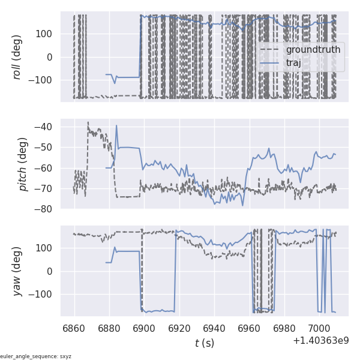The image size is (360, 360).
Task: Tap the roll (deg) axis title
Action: (17, 56)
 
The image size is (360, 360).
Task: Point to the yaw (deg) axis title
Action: (17, 271)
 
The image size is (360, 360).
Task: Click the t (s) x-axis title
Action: (204, 343)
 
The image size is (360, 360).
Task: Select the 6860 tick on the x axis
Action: (74, 328)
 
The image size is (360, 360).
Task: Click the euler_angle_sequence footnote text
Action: (36, 356)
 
